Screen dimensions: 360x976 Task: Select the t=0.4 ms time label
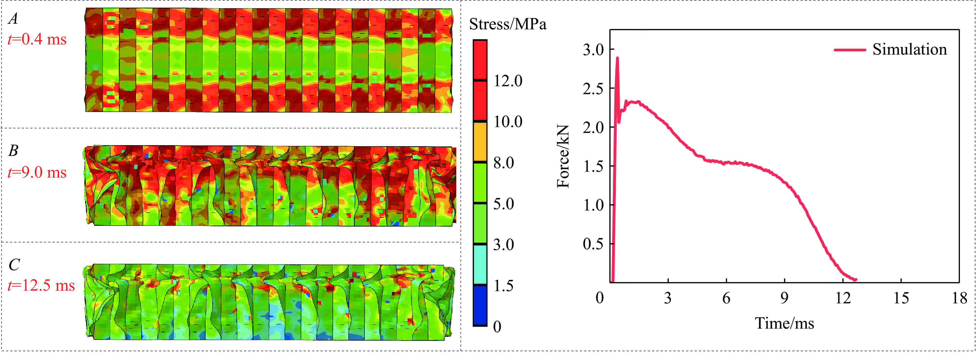[37, 39]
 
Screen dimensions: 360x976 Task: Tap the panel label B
[13, 151]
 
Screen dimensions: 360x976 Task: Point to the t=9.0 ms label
[37, 172]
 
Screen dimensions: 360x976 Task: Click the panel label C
[14, 265]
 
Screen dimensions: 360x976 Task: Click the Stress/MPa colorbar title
[508, 24]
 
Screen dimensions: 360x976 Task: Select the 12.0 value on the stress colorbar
[508, 81]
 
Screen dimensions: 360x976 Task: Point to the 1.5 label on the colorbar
[503, 285]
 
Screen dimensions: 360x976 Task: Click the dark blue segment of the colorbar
[480, 305]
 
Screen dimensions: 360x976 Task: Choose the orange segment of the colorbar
[480, 141]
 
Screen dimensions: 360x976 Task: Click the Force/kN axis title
[563, 156]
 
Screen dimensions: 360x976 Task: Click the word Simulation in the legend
[909, 50]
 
